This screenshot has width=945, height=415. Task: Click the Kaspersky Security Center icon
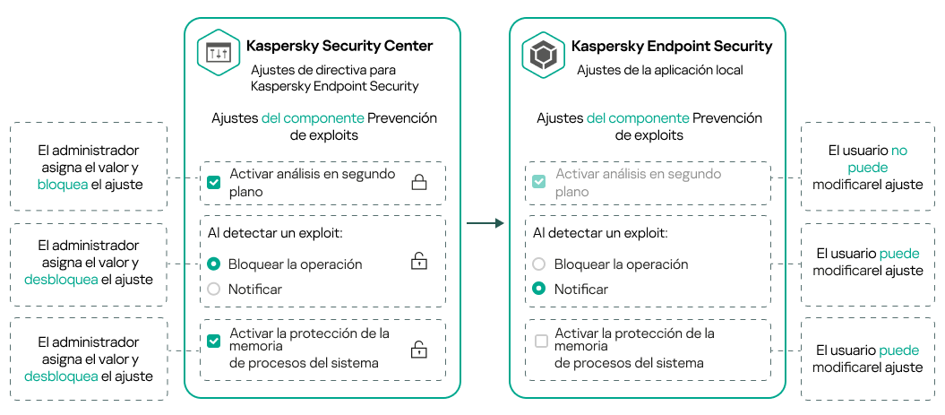[219, 54]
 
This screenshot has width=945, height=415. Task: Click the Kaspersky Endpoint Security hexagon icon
[544, 54]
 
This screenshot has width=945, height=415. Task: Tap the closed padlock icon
[418, 183]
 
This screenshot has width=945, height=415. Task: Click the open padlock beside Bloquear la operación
[418, 262]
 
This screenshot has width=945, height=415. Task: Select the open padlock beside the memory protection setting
[418, 350]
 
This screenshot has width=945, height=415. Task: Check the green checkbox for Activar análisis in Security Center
[213, 183]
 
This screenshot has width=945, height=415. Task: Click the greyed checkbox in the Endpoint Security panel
[538, 183]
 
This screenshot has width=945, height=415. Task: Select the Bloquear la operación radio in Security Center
[213, 264]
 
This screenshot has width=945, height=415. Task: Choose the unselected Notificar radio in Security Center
[213, 289]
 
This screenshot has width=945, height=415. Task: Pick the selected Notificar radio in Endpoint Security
[538, 289]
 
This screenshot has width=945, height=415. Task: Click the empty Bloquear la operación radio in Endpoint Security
[538, 264]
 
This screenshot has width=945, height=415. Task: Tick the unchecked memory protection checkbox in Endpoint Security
[541, 342]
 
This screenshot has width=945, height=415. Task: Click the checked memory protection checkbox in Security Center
[213, 342]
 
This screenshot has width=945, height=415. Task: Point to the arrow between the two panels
[485, 222]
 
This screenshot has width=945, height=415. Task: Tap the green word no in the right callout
[898, 151]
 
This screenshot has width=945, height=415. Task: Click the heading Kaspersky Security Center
[339, 46]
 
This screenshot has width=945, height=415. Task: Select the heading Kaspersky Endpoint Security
[671, 46]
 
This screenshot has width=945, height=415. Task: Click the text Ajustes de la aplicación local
[660, 69]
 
